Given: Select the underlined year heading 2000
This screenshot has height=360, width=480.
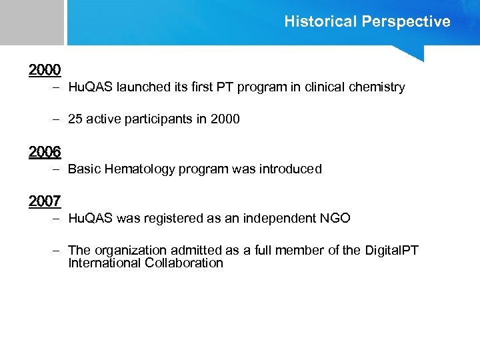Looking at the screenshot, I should [x=45, y=69].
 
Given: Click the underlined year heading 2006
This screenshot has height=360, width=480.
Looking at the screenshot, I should [x=45, y=152].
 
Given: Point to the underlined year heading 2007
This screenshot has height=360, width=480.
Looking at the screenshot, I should [x=45, y=201].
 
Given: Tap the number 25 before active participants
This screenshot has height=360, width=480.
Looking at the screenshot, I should [x=75, y=119].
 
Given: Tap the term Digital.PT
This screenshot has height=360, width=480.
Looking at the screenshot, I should [x=392, y=250].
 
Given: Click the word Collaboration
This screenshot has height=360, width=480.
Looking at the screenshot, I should [x=183, y=263].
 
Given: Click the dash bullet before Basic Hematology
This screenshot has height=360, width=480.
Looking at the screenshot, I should [x=57, y=169].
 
